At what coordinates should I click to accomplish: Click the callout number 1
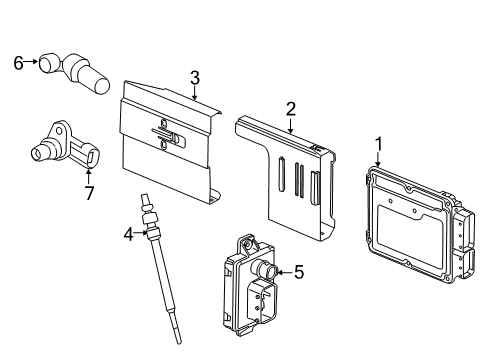378,143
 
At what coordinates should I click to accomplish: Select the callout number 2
290,109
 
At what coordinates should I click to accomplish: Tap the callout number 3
195,77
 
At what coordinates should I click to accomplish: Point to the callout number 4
128,235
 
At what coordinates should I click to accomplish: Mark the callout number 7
88,193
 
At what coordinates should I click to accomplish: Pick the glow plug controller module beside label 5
250,285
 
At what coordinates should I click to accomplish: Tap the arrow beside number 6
32,64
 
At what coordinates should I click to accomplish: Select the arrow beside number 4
141,235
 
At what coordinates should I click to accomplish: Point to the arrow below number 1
378,159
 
